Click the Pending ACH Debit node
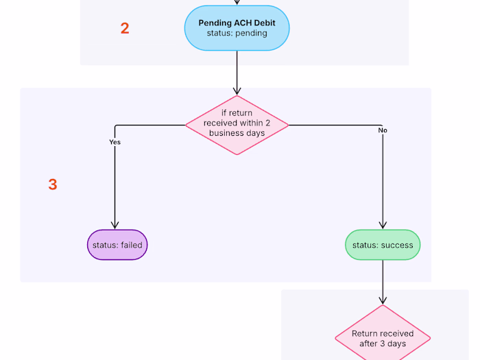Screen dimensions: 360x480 tap(237, 28)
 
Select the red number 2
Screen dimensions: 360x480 tap(125, 28)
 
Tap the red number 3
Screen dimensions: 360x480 tap(53, 184)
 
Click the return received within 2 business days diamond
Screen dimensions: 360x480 tap(237, 124)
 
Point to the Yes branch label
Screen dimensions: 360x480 tap(115, 142)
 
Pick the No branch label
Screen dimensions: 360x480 tap(383, 130)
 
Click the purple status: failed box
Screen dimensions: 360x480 tap(117, 245)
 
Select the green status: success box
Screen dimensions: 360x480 tap(383, 245)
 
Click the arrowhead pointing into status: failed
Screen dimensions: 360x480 tap(115, 225)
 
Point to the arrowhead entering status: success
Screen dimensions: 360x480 tap(383, 225)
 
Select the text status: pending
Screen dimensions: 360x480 tap(237, 33)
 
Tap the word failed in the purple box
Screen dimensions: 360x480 tap(132, 245)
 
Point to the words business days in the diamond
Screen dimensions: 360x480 tap(237, 133)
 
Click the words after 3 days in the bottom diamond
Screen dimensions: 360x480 tap(383, 343)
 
